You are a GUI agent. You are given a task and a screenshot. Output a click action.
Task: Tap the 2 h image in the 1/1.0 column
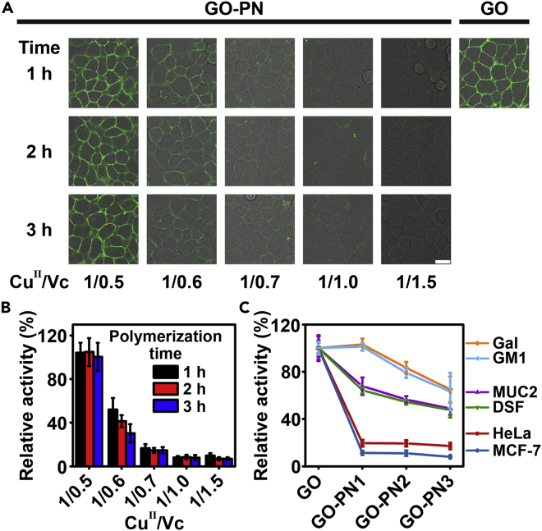pos(336,150)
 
